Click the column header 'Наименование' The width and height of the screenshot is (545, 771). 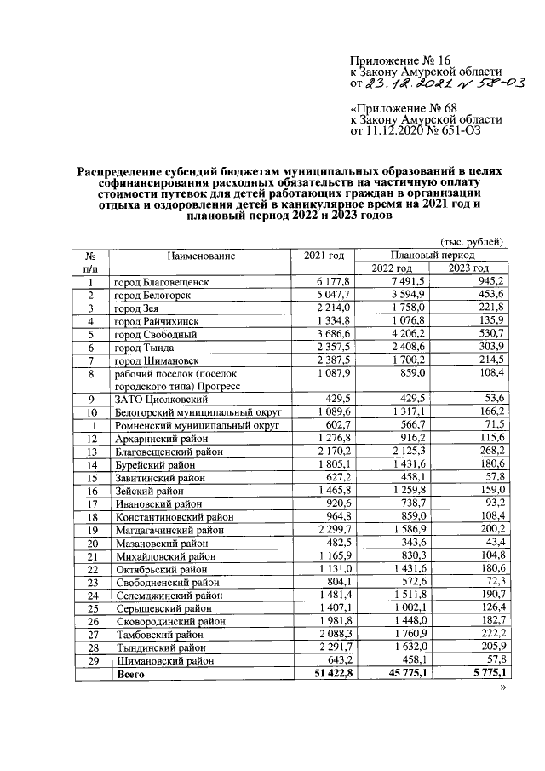[201, 256]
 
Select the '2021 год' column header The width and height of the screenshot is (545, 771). [324, 256]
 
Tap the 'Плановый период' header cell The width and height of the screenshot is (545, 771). [432, 256]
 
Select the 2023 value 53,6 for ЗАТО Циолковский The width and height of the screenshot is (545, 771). [494, 397]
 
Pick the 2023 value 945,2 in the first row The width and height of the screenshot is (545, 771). [491, 282]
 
